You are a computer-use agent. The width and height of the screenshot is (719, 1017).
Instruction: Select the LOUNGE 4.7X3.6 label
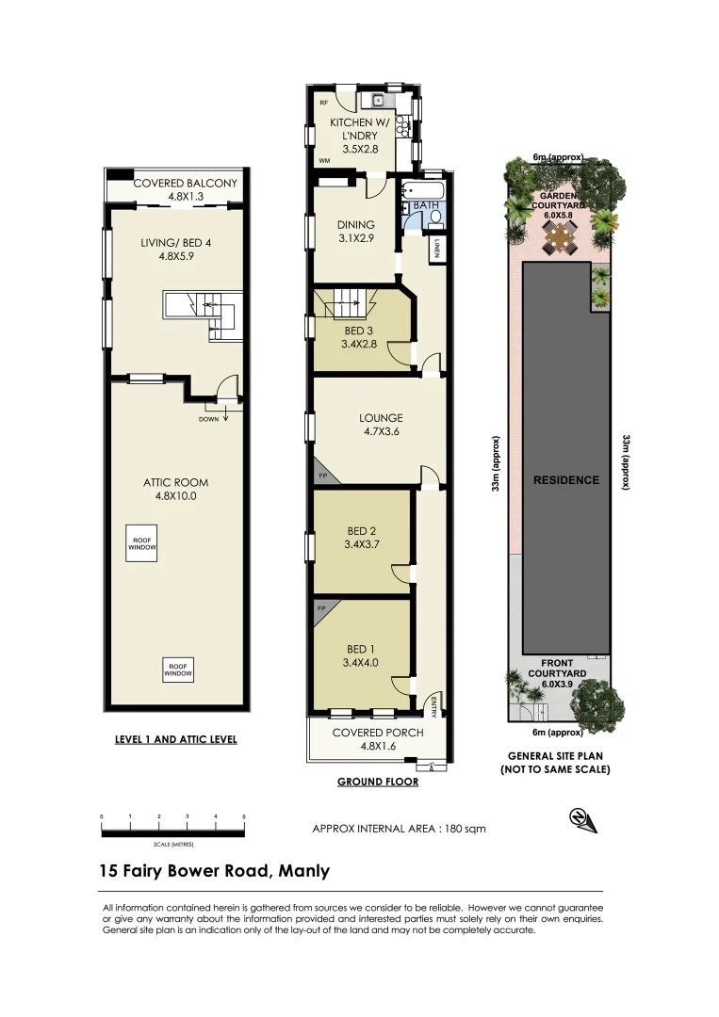tap(381, 425)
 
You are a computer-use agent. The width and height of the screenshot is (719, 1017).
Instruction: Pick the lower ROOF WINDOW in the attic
tap(177, 668)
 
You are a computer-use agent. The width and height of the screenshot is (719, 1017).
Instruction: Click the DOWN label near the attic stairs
tap(209, 419)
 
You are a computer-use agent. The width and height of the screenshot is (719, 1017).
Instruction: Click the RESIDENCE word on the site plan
tap(566, 479)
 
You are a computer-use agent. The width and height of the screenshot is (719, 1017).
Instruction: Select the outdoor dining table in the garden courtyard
tap(563, 244)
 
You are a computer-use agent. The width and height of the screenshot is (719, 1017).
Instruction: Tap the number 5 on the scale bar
tap(245, 815)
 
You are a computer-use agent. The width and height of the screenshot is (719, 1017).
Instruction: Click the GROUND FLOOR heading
tap(377, 782)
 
